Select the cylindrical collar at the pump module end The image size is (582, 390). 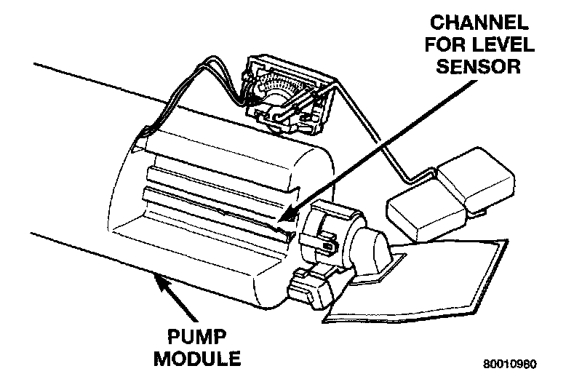coord(331,233)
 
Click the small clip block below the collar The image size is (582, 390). coord(310,287)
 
